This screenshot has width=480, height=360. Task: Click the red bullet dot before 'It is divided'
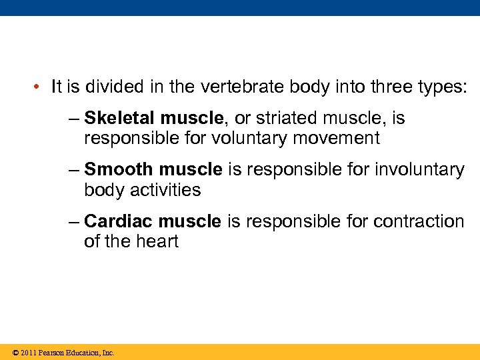[x=40, y=87]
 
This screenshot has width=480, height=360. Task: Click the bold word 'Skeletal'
[x=119, y=119]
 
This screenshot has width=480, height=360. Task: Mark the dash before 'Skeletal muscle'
[x=73, y=119]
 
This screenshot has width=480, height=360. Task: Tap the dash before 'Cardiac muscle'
[x=73, y=221]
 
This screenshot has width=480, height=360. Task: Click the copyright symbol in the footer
[x=15, y=353]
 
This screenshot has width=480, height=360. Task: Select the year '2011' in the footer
[x=28, y=353]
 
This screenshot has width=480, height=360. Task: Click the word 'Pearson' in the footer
[x=51, y=353]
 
